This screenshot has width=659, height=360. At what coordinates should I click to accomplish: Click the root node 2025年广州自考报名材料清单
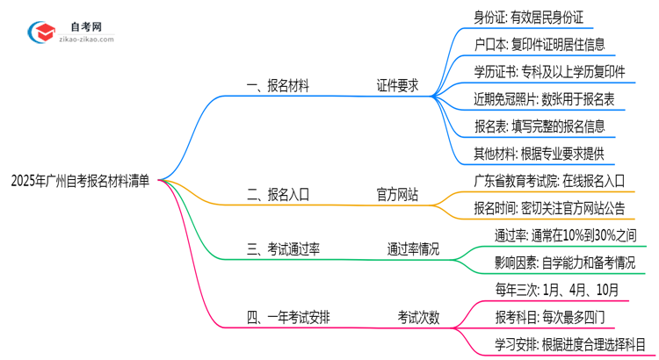(80, 182)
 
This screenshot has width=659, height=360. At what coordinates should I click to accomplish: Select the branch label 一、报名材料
(277, 86)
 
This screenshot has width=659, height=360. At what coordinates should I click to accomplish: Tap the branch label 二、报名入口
(277, 194)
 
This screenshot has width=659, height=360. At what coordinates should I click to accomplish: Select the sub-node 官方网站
(396, 194)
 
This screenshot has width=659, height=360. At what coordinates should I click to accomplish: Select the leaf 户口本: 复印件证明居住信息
(539, 44)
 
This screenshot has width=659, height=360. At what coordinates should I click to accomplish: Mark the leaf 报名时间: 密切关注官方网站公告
(549, 209)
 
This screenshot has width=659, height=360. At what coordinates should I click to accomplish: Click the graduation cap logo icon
(40, 31)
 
